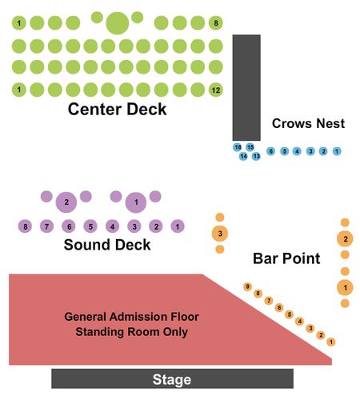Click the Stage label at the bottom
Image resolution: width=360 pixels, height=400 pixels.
[172, 379]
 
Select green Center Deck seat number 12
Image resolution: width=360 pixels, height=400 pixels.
[216, 90]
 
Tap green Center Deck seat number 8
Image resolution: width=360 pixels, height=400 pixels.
[216, 23]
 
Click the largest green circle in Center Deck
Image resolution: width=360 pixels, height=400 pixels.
[118, 23]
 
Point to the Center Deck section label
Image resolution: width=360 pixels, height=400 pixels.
[118, 110]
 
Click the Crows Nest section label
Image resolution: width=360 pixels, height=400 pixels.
[308, 123]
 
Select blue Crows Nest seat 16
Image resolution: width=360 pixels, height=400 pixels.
[238, 147]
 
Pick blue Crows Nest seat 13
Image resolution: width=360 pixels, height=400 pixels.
[256, 156]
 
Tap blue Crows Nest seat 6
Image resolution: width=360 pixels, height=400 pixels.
[270, 151]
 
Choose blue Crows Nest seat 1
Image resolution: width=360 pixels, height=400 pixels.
[337, 151]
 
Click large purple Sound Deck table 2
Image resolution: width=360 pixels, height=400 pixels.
[66, 202]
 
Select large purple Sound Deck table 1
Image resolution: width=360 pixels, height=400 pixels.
[136, 202]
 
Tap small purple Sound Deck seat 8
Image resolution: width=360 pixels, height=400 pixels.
[25, 226]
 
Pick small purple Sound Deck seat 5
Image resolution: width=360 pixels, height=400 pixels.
[90, 226]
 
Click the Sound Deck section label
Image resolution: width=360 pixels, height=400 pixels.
[107, 245]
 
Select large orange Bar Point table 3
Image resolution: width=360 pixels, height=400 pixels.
[220, 234]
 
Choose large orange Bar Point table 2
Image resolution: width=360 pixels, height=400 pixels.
[345, 238]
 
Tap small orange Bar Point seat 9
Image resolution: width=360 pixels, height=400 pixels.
[248, 286]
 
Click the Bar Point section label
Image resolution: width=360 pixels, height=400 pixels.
[286, 258]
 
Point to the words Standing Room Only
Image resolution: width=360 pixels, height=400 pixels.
[132, 332]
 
